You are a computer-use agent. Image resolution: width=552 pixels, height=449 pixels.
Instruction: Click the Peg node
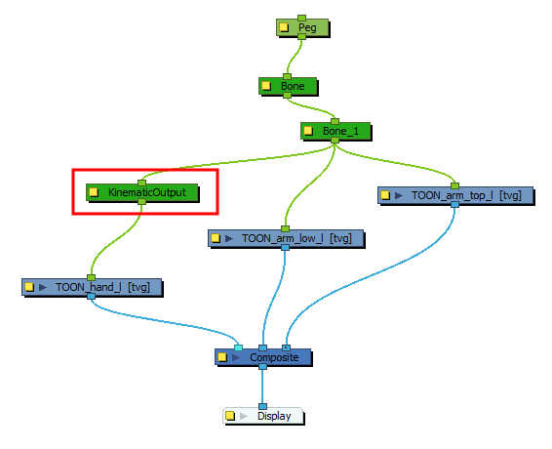click(302, 27)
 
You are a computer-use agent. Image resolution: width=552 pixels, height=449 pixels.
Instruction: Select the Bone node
click(289, 86)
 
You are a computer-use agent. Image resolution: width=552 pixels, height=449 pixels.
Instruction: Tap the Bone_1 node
click(335, 131)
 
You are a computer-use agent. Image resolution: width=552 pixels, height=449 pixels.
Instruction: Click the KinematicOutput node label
click(147, 192)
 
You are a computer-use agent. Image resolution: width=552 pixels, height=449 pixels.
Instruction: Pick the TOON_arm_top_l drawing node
click(455, 195)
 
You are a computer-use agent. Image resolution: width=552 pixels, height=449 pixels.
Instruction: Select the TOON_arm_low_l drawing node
click(286, 238)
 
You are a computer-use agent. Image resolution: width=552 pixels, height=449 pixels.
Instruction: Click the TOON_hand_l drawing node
click(93, 287)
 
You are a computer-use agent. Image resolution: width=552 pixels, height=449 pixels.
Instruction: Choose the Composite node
click(263, 357)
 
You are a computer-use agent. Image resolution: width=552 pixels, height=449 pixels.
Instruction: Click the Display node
click(263, 416)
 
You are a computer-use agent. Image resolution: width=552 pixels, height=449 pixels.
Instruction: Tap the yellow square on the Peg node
click(284, 27)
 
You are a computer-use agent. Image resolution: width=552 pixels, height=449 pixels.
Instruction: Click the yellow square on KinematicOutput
click(94, 192)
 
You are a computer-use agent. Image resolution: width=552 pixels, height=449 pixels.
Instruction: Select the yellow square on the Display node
click(230, 416)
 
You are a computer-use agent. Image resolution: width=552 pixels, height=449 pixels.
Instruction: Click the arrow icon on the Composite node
click(236, 357)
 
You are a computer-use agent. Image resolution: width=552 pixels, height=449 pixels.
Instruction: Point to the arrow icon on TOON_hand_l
click(43, 287)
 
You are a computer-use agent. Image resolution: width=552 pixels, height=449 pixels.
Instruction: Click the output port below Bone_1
click(335, 141)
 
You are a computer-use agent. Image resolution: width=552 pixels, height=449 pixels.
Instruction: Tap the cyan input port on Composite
click(238, 348)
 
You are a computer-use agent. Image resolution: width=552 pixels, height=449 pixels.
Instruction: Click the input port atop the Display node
click(262, 407)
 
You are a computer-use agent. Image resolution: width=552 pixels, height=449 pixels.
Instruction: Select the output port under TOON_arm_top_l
click(454, 204)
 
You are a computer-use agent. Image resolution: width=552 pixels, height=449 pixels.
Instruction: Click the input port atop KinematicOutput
click(141, 183)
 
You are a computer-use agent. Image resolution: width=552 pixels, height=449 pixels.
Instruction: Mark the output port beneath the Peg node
click(301, 37)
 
